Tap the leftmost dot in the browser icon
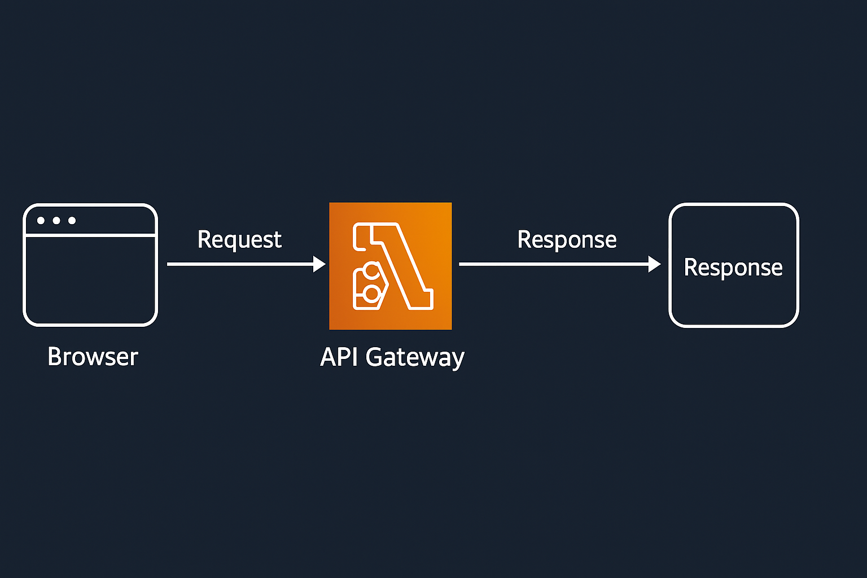point(41,220)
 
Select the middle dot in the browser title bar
point(56,220)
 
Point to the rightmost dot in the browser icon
point(72,220)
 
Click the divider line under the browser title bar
point(90,235)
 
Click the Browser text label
point(93,357)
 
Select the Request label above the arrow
point(239,240)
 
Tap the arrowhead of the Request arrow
point(319,264)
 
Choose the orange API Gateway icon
point(391,266)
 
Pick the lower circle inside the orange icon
point(371,293)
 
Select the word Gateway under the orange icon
point(415,358)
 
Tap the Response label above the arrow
point(567,240)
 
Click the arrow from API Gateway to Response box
point(553,264)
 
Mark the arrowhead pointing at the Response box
point(655,264)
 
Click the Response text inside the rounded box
point(733,268)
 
